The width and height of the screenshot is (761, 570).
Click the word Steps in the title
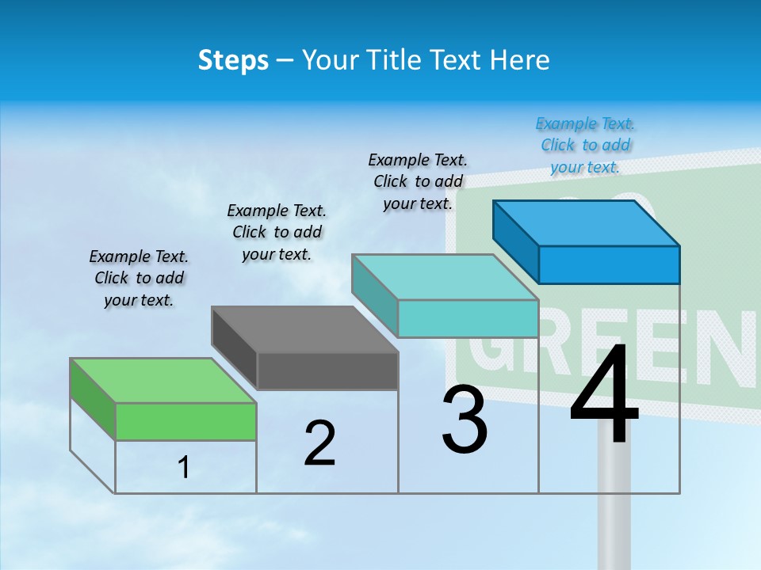tap(233, 60)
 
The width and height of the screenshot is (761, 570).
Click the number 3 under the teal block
tap(465, 420)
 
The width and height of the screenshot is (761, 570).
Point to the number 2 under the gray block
tap(319, 443)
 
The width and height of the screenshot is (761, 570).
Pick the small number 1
tap(184, 468)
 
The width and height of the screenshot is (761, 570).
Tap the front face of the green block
tap(185, 421)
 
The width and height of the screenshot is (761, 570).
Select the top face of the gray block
tap(305, 329)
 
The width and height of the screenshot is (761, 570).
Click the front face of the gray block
tap(327, 370)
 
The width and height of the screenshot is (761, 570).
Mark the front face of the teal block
tap(468, 318)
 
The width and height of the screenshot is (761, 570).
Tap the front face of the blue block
tap(609, 264)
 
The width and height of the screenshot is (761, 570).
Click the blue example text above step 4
tap(585, 145)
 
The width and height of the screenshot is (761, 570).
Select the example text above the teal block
tap(418, 181)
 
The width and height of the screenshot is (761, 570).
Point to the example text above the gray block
tap(277, 232)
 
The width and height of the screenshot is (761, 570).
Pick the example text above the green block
tap(139, 278)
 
